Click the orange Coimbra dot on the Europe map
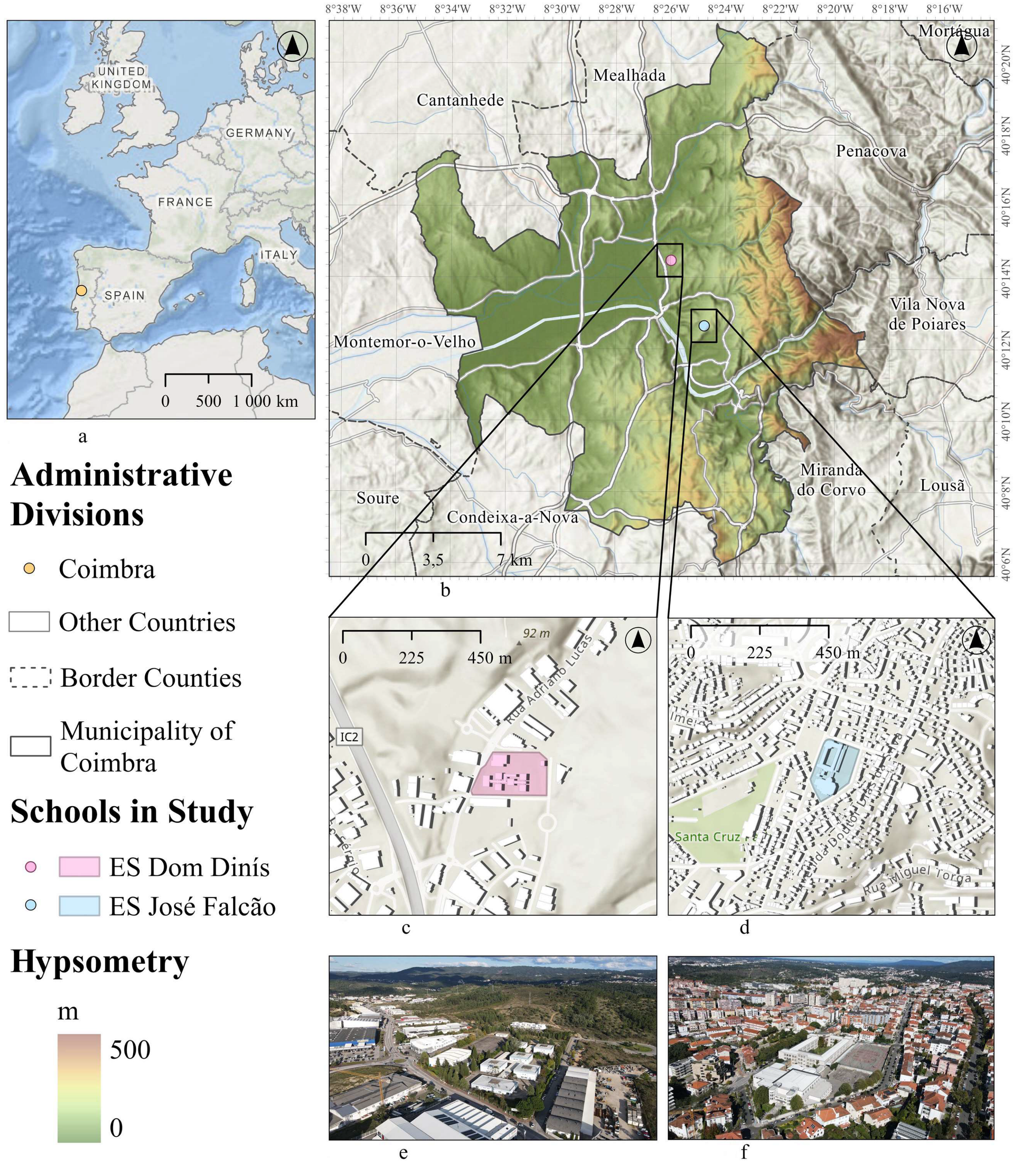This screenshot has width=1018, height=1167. [x=81, y=290]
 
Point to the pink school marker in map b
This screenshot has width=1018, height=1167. [x=671, y=260]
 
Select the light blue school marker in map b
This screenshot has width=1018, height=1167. [x=705, y=326]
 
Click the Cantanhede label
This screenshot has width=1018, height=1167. [x=460, y=101]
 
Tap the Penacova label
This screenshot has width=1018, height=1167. [x=871, y=151]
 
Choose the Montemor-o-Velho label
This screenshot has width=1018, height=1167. [x=404, y=342]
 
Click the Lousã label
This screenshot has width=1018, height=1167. [x=942, y=485]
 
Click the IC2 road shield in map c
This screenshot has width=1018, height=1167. [x=349, y=737]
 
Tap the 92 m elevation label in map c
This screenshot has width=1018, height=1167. [x=536, y=633]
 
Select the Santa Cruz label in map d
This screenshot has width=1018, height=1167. [x=708, y=837]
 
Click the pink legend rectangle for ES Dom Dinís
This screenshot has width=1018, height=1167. [x=79, y=866]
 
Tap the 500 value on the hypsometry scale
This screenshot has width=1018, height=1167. [x=130, y=1050]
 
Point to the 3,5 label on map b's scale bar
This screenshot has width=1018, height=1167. [x=433, y=560]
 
